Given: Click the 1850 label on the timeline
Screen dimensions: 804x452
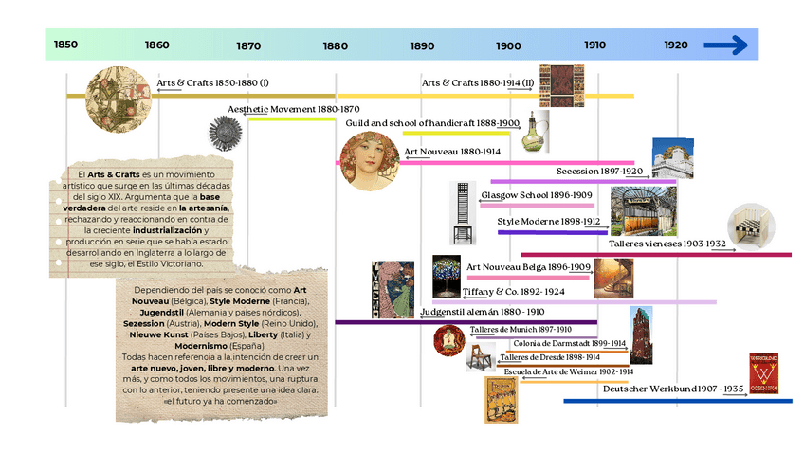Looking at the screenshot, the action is click(x=65, y=45).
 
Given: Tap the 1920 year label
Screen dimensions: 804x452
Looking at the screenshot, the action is click(x=676, y=45).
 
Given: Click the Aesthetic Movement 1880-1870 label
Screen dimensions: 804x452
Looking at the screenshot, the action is click(x=293, y=110).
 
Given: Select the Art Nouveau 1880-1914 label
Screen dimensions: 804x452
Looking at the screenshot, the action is click(x=451, y=152).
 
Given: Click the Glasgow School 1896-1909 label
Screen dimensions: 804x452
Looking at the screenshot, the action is click(x=537, y=195).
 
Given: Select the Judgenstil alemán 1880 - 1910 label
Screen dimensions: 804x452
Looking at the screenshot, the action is click(x=482, y=312).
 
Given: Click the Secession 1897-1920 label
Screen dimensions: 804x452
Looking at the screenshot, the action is click(x=600, y=172).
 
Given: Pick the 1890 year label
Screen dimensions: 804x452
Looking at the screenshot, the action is click(x=423, y=45).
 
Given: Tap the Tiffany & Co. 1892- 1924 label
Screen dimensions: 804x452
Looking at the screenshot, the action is click(x=513, y=292).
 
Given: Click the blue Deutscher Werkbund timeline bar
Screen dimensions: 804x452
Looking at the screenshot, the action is click(x=677, y=401).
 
